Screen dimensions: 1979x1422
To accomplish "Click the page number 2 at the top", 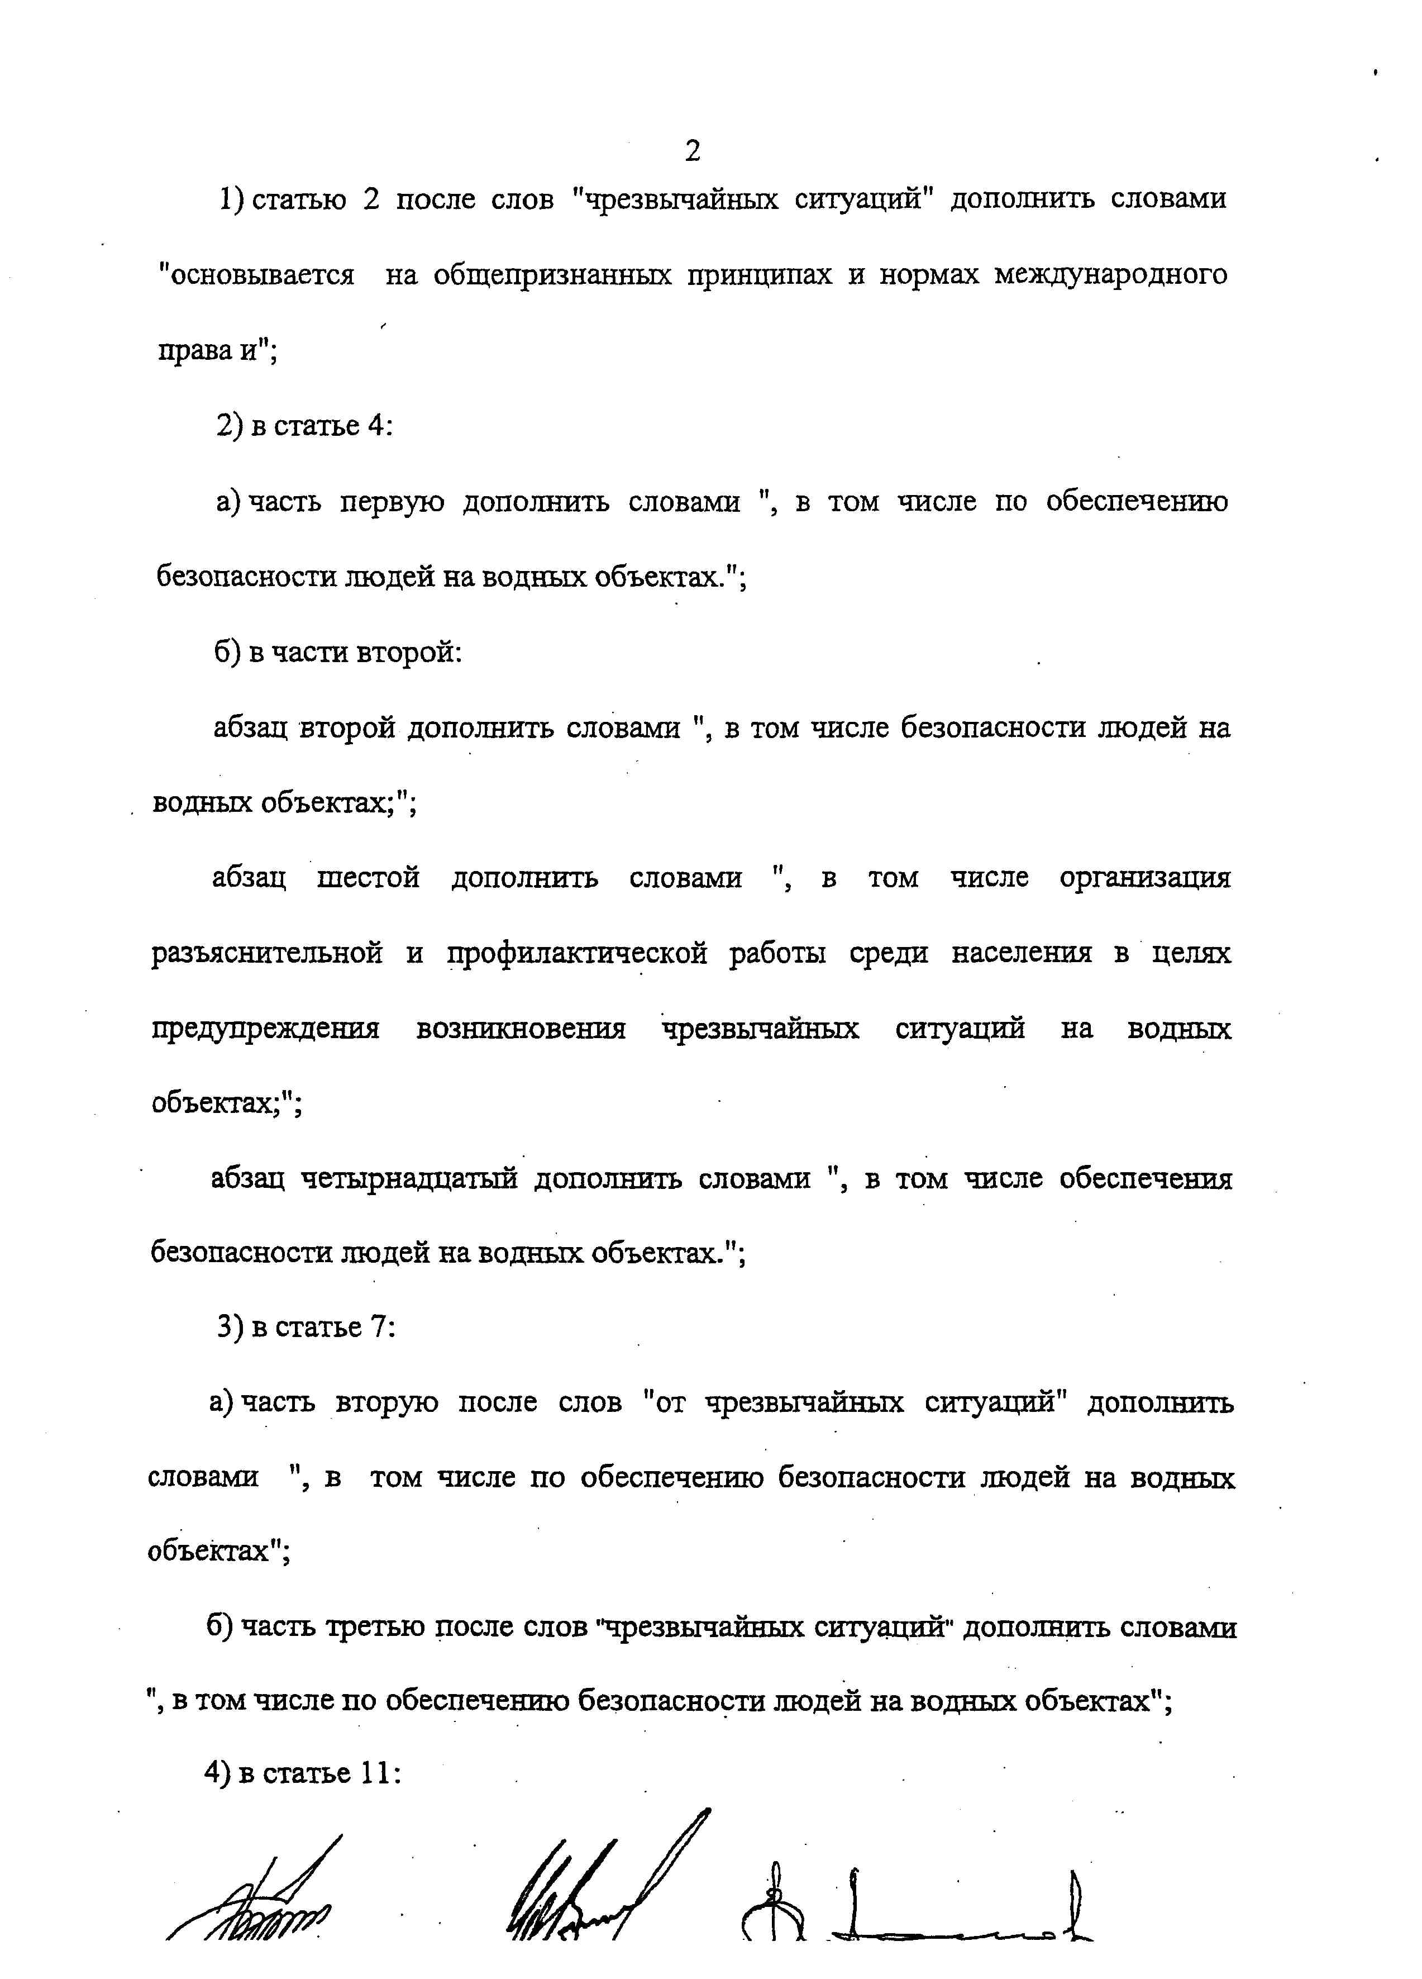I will [x=692, y=152].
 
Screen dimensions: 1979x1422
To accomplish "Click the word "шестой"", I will [x=368, y=877].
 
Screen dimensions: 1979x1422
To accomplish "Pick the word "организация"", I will [x=1144, y=877].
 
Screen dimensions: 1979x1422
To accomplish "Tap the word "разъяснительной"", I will [x=267, y=953].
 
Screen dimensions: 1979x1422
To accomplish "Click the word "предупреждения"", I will [x=266, y=1029].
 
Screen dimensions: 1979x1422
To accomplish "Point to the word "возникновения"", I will [x=521, y=1029].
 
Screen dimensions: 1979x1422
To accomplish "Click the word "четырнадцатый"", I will [x=409, y=1179].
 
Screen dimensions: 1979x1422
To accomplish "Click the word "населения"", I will [x=1020, y=953].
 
